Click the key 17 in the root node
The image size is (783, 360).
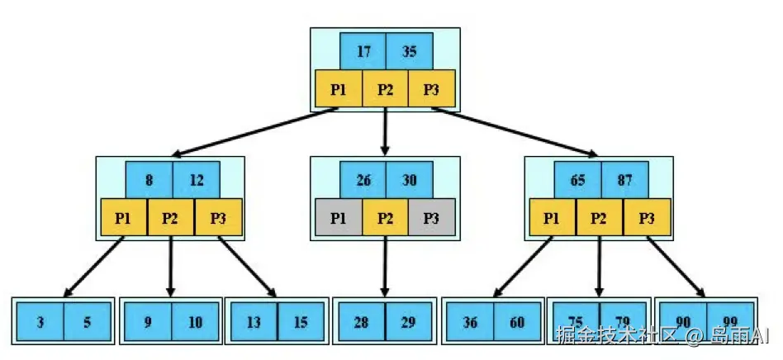(x=363, y=51)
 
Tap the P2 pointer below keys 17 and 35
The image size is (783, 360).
(x=386, y=89)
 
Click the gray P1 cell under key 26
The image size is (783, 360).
(x=339, y=218)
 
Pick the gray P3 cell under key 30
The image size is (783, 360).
(x=431, y=218)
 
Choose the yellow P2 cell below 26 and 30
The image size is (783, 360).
(x=385, y=218)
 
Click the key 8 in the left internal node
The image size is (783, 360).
(x=149, y=179)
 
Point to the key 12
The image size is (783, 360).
(x=196, y=179)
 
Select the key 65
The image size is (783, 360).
(x=577, y=179)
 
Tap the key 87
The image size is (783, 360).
(x=624, y=179)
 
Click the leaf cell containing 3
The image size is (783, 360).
(x=40, y=322)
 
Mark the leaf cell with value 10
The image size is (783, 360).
(x=195, y=322)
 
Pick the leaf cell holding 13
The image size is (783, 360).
(x=254, y=322)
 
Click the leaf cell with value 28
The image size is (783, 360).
(x=361, y=322)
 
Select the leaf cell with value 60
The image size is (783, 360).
(x=518, y=322)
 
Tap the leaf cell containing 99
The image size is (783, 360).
(x=731, y=322)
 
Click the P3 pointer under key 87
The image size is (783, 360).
(x=647, y=218)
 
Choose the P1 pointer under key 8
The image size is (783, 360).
(x=124, y=218)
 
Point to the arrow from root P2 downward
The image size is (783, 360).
(x=386, y=132)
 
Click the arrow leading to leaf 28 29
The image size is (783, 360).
(x=385, y=268)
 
